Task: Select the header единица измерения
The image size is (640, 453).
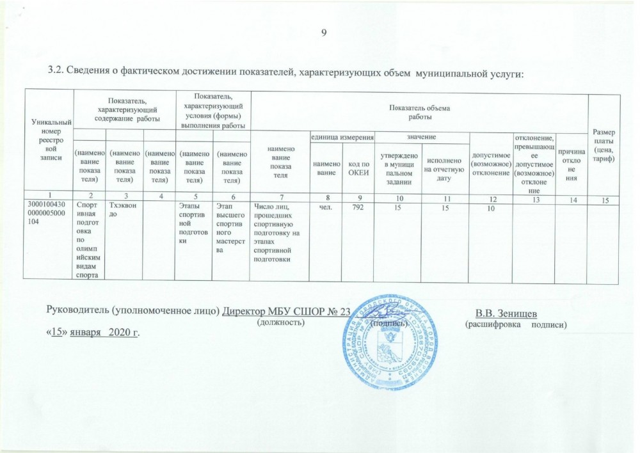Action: pyautogui.click(x=341, y=138)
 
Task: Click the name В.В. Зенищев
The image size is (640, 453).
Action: pyautogui.click(x=506, y=312)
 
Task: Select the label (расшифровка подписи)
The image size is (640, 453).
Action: pyautogui.click(x=516, y=324)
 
